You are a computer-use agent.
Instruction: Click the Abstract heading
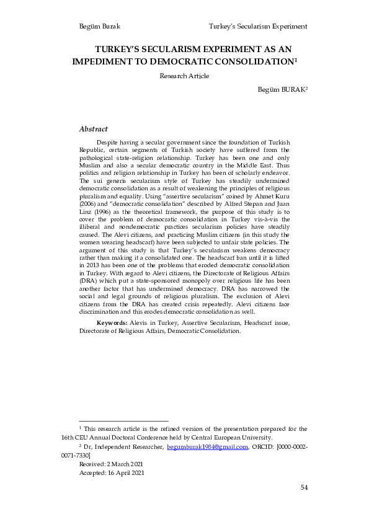(x=94, y=129)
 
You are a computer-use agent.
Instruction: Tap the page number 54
(x=304, y=488)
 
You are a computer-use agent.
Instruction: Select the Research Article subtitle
(x=184, y=76)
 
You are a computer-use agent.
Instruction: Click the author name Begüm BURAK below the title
(x=282, y=90)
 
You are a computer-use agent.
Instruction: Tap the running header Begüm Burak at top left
(x=99, y=27)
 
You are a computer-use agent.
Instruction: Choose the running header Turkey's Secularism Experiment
(x=259, y=27)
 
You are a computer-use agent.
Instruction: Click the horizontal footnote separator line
(x=123, y=421)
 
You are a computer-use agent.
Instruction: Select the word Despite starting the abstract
(x=109, y=143)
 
